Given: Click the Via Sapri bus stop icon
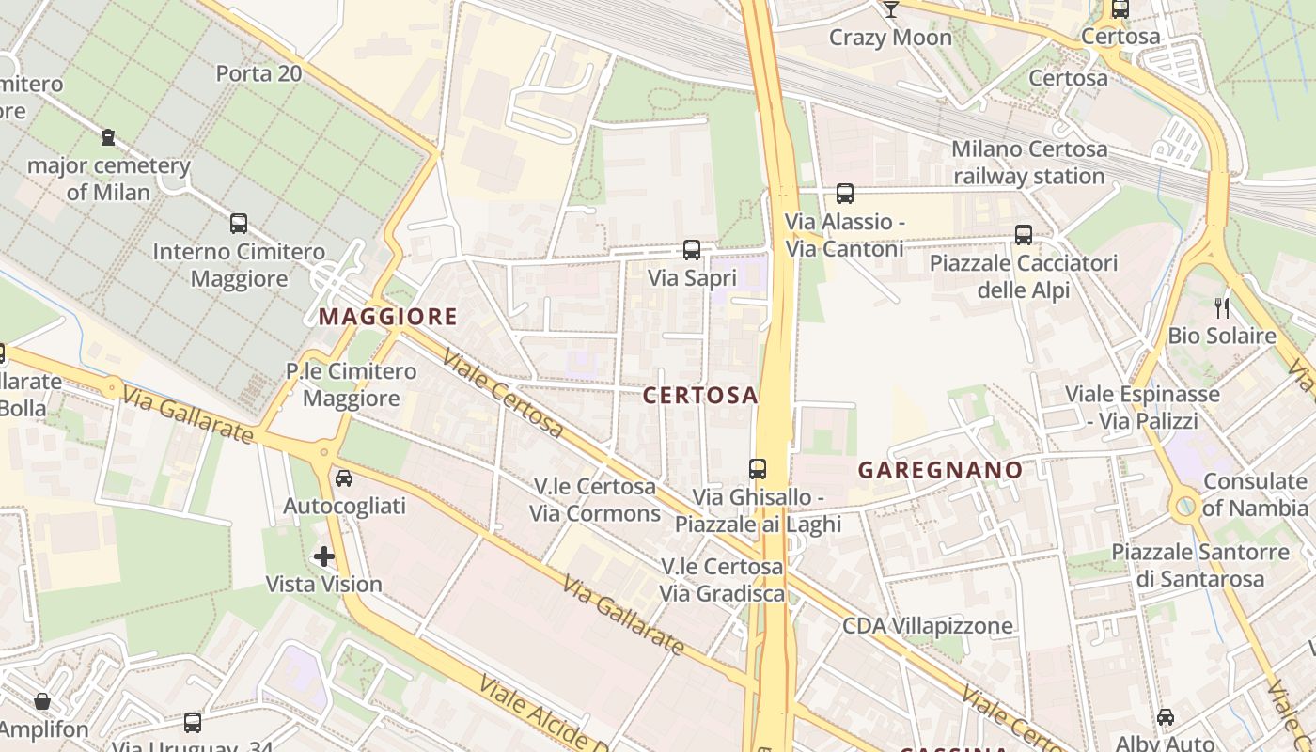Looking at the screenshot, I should point(692,250).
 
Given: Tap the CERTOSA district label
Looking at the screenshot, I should point(700,396).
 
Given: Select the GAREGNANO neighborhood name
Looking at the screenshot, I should point(940,470).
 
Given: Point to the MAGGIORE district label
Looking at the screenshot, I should point(387,317).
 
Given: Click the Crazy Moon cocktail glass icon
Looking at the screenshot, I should point(890,9).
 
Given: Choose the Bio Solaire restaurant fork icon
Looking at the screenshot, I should point(1222,306).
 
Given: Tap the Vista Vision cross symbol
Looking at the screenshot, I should point(324,556).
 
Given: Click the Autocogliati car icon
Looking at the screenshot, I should point(344,478).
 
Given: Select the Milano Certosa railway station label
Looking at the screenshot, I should point(1029,163).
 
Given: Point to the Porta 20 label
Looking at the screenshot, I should point(258,73).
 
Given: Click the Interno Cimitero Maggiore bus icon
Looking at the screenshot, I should point(239,224).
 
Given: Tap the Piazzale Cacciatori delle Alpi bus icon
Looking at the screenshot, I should point(1024,234).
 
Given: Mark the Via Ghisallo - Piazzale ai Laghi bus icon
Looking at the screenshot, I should point(758,468).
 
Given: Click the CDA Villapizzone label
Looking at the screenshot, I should point(927,626).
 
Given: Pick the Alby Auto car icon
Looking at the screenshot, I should point(1166,717).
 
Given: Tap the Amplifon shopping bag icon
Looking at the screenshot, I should point(42,701).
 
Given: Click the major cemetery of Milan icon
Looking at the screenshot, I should point(108,138).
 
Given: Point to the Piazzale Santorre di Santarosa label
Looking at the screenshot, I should point(1200,565).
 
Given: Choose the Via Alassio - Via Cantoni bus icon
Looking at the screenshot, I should point(845,194).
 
